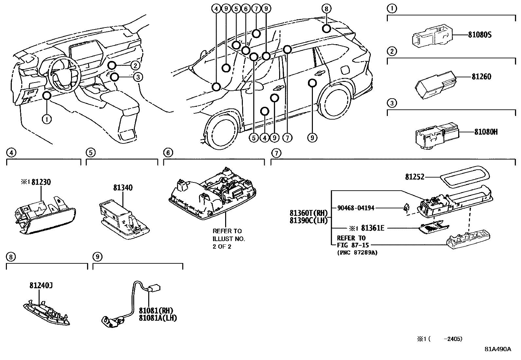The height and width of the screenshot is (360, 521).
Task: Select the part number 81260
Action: click(x=481, y=77)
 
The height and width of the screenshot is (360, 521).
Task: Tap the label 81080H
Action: click(x=486, y=132)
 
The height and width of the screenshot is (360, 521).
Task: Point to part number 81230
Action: click(x=41, y=182)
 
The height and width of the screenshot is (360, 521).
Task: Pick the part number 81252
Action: click(x=415, y=177)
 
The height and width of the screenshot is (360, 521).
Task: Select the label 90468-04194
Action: click(x=356, y=208)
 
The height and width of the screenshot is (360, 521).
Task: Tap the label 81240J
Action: click(x=41, y=286)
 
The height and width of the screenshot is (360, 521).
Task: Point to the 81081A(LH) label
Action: click(x=158, y=318)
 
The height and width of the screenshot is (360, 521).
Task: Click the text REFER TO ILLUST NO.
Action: click(x=229, y=235)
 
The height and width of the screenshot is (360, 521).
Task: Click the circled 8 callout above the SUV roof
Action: click(x=326, y=9)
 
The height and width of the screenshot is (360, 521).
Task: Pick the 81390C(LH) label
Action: click(x=309, y=220)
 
